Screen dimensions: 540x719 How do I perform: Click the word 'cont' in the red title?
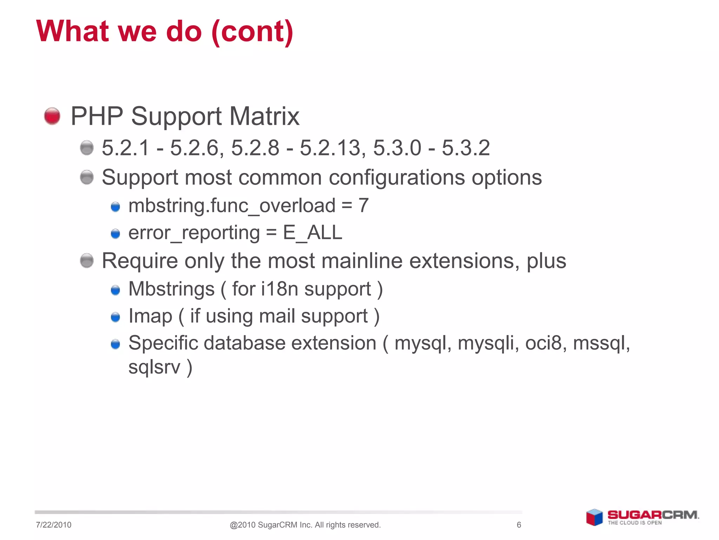click(252, 32)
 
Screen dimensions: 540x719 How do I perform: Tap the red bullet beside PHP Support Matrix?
click(52, 116)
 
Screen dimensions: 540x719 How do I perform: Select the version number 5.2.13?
click(330, 148)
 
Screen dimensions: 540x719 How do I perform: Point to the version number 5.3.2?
click(466, 148)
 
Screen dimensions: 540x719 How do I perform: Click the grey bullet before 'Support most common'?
click(87, 177)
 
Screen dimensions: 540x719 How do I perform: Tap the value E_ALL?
click(312, 233)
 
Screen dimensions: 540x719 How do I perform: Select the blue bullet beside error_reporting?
click(116, 234)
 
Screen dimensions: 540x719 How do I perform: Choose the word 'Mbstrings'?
click(171, 289)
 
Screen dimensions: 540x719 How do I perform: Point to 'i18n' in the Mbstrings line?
click(279, 289)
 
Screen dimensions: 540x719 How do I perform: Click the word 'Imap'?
click(150, 316)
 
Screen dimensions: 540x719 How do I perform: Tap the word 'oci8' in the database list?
click(545, 343)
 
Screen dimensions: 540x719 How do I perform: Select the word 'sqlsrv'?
click(154, 367)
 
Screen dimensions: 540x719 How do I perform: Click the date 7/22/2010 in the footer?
click(54, 525)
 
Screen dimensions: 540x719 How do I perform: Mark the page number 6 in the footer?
click(519, 525)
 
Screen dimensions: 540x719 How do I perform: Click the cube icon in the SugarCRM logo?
click(594, 517)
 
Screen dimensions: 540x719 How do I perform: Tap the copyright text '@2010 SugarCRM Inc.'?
click(270, 525)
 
